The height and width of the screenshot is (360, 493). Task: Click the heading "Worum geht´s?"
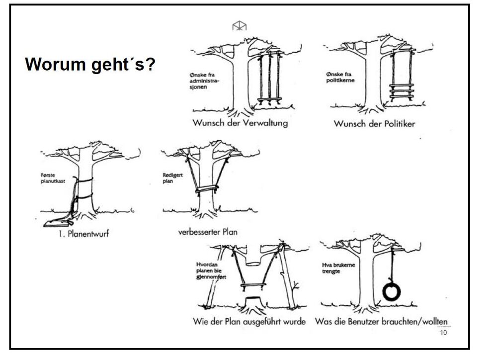tap(90, 65)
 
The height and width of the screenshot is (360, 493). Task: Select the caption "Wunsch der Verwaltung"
tap(240, 123)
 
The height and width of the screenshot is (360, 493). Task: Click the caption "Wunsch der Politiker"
tap(374, 123)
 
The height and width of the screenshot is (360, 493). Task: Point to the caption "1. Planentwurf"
tap(82, 234)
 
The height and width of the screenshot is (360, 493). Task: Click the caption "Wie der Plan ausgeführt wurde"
tap(249, 321)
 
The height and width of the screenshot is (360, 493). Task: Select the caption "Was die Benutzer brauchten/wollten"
tap(385, 321)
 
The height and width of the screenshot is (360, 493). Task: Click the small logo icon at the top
tap(240, 26)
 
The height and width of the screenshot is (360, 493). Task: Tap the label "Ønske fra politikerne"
tap(340, 77)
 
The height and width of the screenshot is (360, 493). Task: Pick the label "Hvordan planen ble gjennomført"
tap(211, 270)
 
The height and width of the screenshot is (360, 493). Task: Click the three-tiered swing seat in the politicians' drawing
tap(401, 92)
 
